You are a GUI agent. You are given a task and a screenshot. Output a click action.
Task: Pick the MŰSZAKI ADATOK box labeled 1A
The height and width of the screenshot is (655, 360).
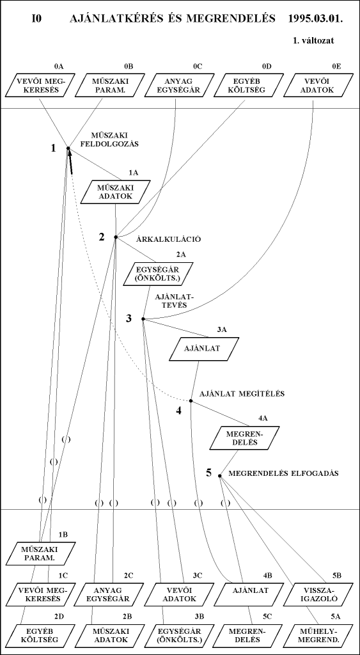point(115,192)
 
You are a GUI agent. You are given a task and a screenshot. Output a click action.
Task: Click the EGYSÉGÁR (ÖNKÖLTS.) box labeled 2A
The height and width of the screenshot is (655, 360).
point(159,274)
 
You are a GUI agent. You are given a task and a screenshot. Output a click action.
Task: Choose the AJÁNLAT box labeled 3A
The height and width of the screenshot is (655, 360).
point(204,349)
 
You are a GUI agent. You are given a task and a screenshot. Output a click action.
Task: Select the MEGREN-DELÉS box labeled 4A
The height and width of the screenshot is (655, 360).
point(245,438)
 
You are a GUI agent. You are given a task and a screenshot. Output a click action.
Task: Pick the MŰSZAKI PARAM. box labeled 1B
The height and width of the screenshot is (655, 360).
point(41,553)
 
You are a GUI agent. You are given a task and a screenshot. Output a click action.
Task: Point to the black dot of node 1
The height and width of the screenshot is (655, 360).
point(68,148)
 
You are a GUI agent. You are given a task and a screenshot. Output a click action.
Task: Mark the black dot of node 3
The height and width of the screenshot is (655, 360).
point(143,319)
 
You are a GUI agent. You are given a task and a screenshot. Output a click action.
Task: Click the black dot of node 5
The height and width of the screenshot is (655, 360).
point(220,475)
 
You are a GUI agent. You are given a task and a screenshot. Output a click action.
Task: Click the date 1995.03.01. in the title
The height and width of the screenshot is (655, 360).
point(315,19)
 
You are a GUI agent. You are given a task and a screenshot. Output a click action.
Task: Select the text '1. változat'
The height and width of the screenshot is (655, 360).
point(313,41)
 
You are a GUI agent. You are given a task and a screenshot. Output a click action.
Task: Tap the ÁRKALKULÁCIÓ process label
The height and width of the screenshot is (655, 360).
point(169,239)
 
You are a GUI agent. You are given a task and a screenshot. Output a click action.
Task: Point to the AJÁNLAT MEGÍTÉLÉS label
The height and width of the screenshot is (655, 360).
point(242,393)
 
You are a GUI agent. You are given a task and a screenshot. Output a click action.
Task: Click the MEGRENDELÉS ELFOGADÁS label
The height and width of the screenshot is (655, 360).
point(283,474)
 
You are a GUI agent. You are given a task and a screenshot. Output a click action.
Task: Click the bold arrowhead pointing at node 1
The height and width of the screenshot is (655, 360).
point(70,162)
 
